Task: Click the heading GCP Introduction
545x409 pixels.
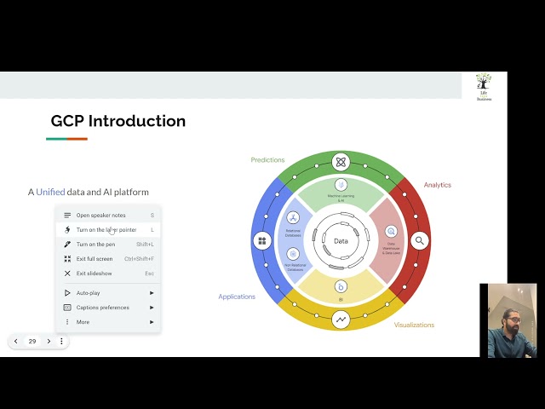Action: (118, 121)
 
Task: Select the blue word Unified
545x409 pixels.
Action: (50, 192)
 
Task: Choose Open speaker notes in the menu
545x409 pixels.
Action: (100, 216)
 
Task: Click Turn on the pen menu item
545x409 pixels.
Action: (95, 245)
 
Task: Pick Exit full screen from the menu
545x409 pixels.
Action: (94, 259)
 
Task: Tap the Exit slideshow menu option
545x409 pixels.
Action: (94, 274)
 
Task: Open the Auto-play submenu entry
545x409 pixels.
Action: (88, 293)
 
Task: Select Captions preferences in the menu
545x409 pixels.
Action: (102, 308)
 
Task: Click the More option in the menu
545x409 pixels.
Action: (83, 322)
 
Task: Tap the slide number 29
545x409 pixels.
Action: (32, 341)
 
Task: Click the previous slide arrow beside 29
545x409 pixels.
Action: (15, 341)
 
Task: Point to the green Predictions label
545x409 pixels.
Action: (267, 160)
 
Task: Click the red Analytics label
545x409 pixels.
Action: (437, 185)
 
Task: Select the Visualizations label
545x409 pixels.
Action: (414, 325)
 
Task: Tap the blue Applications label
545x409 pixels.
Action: (236, 297)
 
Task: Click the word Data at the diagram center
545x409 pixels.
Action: (341, 241)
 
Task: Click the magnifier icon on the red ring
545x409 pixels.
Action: (419, 241)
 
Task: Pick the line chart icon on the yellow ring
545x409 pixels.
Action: (341, 320)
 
